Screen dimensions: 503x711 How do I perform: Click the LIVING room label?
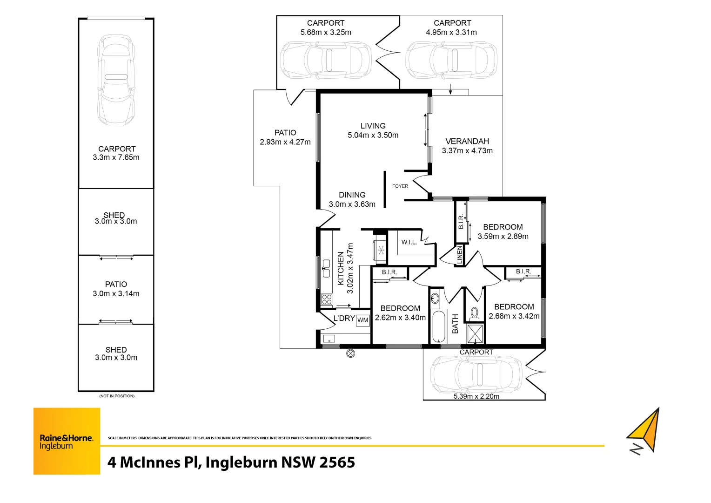click(373, 126)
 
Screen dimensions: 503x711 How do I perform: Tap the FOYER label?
click(400, 186)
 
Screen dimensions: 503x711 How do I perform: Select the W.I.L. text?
click(409, 242)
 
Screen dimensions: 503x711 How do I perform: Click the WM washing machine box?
click(363, 320)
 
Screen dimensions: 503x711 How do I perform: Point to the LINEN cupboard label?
click(460, 255)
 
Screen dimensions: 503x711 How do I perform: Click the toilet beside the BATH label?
click(474, 313)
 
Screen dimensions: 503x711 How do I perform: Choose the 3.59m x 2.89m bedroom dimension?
click(503, 237)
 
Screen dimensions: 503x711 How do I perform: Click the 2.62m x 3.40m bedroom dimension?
click(400, 318)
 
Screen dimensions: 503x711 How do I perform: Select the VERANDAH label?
click(467, 141)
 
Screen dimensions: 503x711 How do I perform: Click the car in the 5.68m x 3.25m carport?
click(326, 60)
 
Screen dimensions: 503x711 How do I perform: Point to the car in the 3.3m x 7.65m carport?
click(116, 80)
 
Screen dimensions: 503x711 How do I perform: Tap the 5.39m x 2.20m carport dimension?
click(476, 396)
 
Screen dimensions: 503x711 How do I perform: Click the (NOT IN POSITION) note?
click(117, 396)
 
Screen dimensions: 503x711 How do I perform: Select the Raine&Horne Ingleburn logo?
click(67, 441)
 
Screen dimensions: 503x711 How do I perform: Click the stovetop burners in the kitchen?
click(327, 299)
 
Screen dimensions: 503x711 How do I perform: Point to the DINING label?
click(352, 195)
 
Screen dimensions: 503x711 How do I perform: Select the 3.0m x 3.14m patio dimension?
click(116, 293)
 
